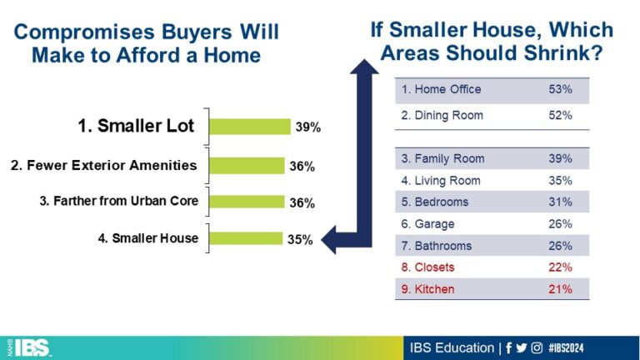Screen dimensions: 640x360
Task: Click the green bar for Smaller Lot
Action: click(x=250, y=127)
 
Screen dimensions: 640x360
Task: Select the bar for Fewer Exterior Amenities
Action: click(x=247, y=166)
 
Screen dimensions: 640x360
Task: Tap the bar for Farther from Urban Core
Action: click(x=247, y=202)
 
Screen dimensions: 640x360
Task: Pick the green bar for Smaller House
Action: click(x=246, y=238)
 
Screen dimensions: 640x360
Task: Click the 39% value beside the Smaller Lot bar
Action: click(x=308, y=127)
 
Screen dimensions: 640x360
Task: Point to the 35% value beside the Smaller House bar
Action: click(x=300, y=239)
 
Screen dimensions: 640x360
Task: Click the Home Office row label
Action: click(x=441, y=89)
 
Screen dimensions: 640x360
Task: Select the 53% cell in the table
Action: click(x=560, y=89)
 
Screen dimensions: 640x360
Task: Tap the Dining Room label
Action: click(x=442, y=116)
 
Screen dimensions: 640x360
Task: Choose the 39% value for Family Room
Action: click(x=560, y=158)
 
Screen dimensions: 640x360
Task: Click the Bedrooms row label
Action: click(x=435, y=202)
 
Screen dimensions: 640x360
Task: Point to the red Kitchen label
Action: click(x=427, y=289)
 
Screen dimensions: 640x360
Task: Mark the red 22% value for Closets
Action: click(x=560, y=267)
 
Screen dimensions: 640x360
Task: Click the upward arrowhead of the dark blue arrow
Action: click(x=364, y=67)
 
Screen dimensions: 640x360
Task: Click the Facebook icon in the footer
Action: click(x=508, y=347)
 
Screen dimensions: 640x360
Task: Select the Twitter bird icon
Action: click(x=521, y=347)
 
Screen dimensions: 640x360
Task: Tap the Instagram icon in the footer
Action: click(x=537, y=347)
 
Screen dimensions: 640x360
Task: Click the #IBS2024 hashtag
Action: click(x=566, y=347)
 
